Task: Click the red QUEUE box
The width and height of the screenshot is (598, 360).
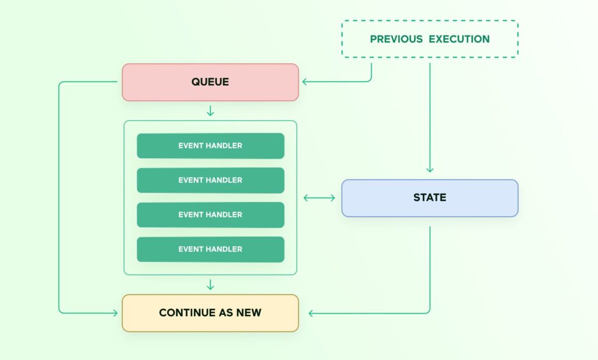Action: (x=210, y=82)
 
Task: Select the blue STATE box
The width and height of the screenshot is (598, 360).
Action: (x=430, y=198)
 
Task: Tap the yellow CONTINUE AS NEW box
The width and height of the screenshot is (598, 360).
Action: (x=210, y=313)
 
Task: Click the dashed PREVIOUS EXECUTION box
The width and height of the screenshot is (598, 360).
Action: (x=430, y=39)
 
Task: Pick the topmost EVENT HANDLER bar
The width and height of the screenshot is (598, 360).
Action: (x=210, y=146)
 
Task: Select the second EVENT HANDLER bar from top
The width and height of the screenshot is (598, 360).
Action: (x=210, y=180)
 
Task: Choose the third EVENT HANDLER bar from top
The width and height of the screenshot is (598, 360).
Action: (x=210, y=214)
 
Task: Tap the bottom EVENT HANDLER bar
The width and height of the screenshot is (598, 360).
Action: (x=210, y=249)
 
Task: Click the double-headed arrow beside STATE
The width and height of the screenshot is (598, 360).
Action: (x=319, y=198)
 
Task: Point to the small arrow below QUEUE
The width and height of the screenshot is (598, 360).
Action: (x=210, y=111)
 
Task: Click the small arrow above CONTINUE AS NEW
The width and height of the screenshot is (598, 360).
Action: (x=210, y=285)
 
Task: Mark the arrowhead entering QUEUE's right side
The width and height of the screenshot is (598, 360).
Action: (x=305, y=82)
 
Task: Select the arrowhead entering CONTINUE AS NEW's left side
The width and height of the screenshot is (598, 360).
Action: (x=114, y=313)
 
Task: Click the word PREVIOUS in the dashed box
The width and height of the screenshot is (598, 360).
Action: (x=396, y=39)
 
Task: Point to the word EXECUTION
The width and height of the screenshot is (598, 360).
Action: (x=459, y=39)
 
